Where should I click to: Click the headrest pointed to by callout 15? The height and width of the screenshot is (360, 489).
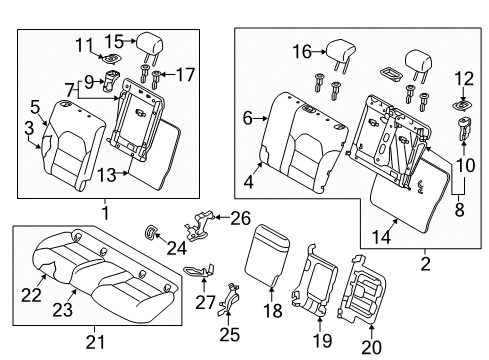[149, 46]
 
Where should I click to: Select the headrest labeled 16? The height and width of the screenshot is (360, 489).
[340, 53]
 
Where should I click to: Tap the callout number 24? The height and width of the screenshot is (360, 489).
[177, 248]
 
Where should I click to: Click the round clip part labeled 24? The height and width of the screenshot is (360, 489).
[150, 232]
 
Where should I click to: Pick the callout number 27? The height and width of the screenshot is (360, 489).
[205, 303]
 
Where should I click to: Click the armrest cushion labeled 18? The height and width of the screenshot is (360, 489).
[267, 255]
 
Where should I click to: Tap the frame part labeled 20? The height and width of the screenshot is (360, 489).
[362, 290]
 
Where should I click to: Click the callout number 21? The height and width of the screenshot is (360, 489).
[95, 342]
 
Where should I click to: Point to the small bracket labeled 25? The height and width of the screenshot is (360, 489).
[229, 299]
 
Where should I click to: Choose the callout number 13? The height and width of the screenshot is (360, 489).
[107, 175]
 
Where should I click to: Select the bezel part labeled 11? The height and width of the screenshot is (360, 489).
[111, 59]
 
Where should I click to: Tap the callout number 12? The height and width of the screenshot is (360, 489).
[464, 79]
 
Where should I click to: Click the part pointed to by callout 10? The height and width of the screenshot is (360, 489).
[464, 128]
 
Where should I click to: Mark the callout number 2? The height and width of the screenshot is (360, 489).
[426, 264]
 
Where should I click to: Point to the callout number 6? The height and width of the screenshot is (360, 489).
[248, 118]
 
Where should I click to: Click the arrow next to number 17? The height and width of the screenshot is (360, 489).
[168, 74]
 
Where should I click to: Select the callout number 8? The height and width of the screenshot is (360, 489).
[460, 210]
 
